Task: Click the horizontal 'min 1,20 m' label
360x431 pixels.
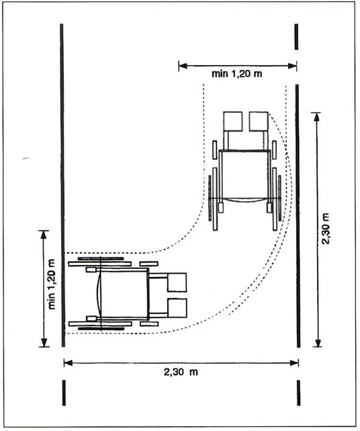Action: point(236,74)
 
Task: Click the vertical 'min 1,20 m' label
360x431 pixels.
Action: point(52,284)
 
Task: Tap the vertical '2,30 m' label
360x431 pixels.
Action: point(326,229)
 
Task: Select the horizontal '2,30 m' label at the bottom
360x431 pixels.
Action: point(181,373)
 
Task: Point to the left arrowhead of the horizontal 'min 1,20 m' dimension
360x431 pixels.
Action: point(183,66)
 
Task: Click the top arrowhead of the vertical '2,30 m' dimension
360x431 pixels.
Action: point(317,117)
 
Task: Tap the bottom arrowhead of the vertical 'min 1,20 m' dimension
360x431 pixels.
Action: point(44,342)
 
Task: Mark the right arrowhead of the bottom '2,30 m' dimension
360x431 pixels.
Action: point(294,363)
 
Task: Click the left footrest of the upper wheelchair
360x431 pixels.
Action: point(233,121)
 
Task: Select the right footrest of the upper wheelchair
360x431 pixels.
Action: point(259,121)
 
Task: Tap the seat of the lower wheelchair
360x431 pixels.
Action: point(124,294)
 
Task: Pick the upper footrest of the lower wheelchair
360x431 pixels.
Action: point(177,282)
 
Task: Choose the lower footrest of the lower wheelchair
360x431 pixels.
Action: point(177,308)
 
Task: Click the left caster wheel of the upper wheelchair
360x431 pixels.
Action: point(215,149)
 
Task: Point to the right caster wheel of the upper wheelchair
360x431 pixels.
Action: point(274,149)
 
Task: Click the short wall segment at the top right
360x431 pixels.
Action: point(296,37)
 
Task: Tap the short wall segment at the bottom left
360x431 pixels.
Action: point(64,393)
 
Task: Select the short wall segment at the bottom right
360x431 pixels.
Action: point(298,393)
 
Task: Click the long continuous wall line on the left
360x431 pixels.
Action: point(62,186)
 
